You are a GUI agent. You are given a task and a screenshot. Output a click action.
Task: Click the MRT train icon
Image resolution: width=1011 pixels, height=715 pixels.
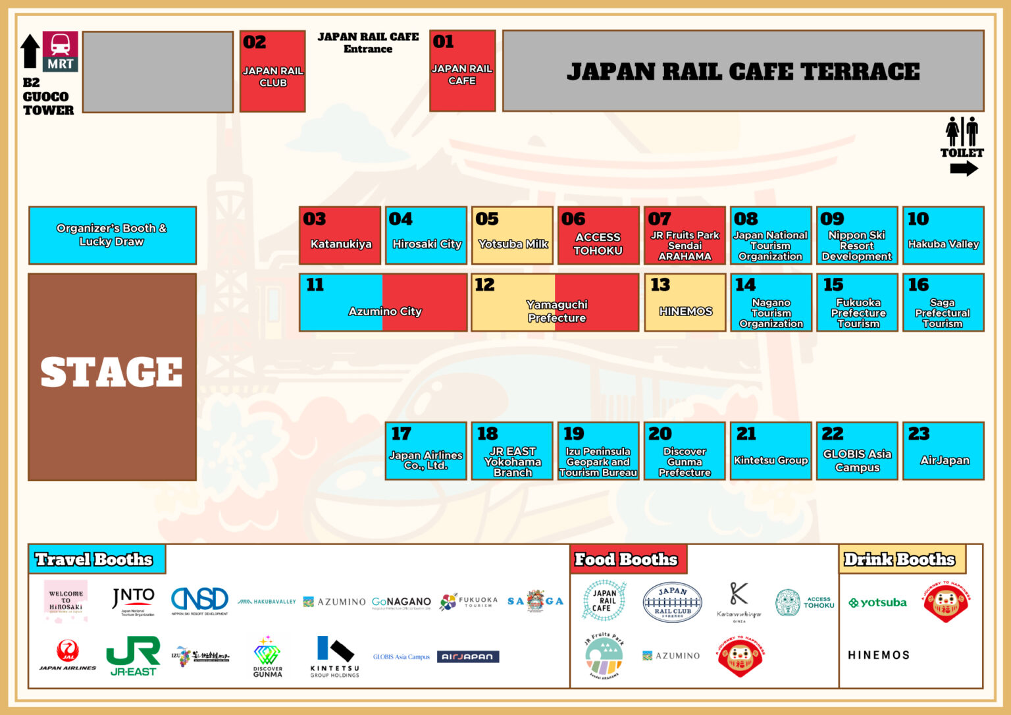(60, 45)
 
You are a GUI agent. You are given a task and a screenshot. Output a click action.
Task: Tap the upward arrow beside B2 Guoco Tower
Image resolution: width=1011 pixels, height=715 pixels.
(30, 51)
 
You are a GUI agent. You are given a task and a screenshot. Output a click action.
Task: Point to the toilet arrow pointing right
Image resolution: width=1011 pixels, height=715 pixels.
(964, 169)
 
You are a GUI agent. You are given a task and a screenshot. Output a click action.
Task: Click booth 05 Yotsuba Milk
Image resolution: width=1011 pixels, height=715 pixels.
(512, 236)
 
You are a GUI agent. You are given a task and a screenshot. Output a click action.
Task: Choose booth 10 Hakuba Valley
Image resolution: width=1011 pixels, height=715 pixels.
(943, 236)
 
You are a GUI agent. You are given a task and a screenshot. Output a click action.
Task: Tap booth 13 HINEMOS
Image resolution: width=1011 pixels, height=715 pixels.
(685, 303)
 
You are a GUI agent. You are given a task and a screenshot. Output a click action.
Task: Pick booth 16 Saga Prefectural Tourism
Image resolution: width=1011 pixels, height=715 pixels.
(943, 303)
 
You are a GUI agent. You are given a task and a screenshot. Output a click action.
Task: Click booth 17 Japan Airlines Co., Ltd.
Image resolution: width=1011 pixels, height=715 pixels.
(426, 452)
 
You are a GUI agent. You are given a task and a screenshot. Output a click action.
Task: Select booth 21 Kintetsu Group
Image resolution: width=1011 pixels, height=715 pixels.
(771, 452)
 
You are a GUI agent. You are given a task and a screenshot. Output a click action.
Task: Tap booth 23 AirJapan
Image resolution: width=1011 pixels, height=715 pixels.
(943, 452)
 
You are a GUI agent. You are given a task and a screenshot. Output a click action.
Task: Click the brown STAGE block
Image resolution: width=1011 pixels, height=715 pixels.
(112, 377)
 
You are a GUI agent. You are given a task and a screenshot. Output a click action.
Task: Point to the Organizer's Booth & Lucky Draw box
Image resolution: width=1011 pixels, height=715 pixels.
(112, 235)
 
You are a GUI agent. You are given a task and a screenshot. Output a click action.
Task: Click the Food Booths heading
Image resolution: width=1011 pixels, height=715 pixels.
(627, 560)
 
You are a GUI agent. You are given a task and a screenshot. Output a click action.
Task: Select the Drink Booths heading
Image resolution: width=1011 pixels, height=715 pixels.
(900, 560)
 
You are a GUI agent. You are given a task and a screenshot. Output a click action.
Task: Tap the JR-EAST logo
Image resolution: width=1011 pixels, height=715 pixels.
(133, 656)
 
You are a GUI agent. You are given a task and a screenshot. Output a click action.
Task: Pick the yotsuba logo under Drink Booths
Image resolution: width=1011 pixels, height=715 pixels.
(877, 602)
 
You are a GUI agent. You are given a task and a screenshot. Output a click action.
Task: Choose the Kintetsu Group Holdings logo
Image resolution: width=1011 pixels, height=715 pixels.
(335, 656)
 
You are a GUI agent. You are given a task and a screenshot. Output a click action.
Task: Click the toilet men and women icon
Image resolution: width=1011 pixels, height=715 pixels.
(962, 132)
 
